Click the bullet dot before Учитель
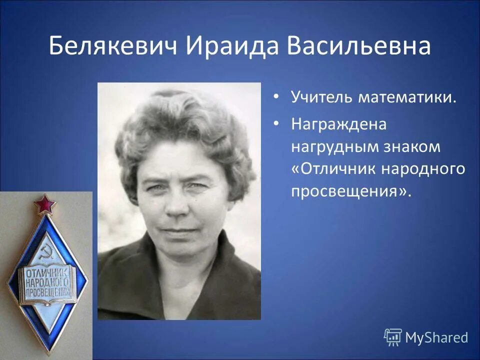click(x=276, y=96)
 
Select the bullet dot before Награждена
click(x=276, y=123)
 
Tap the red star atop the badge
click(x=45, y=204)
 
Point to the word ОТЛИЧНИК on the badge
click(x=45, y=273)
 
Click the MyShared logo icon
click(x=392, y=337)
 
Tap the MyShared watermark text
click(x=436, y=337)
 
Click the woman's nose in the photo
click(x=175, y=206)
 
